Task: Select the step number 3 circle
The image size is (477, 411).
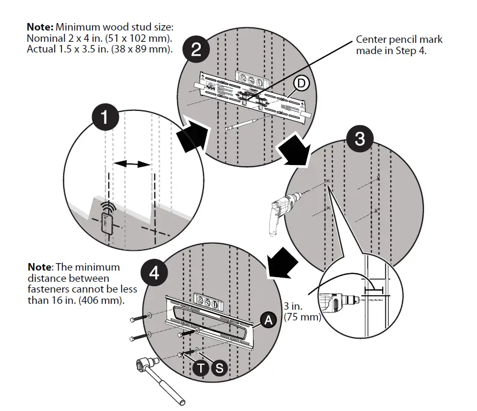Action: click(360, 139)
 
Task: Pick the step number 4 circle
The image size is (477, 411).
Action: click(154, 273)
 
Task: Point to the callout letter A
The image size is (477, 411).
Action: click(267, 320)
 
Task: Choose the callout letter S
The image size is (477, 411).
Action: click(219, 368)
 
